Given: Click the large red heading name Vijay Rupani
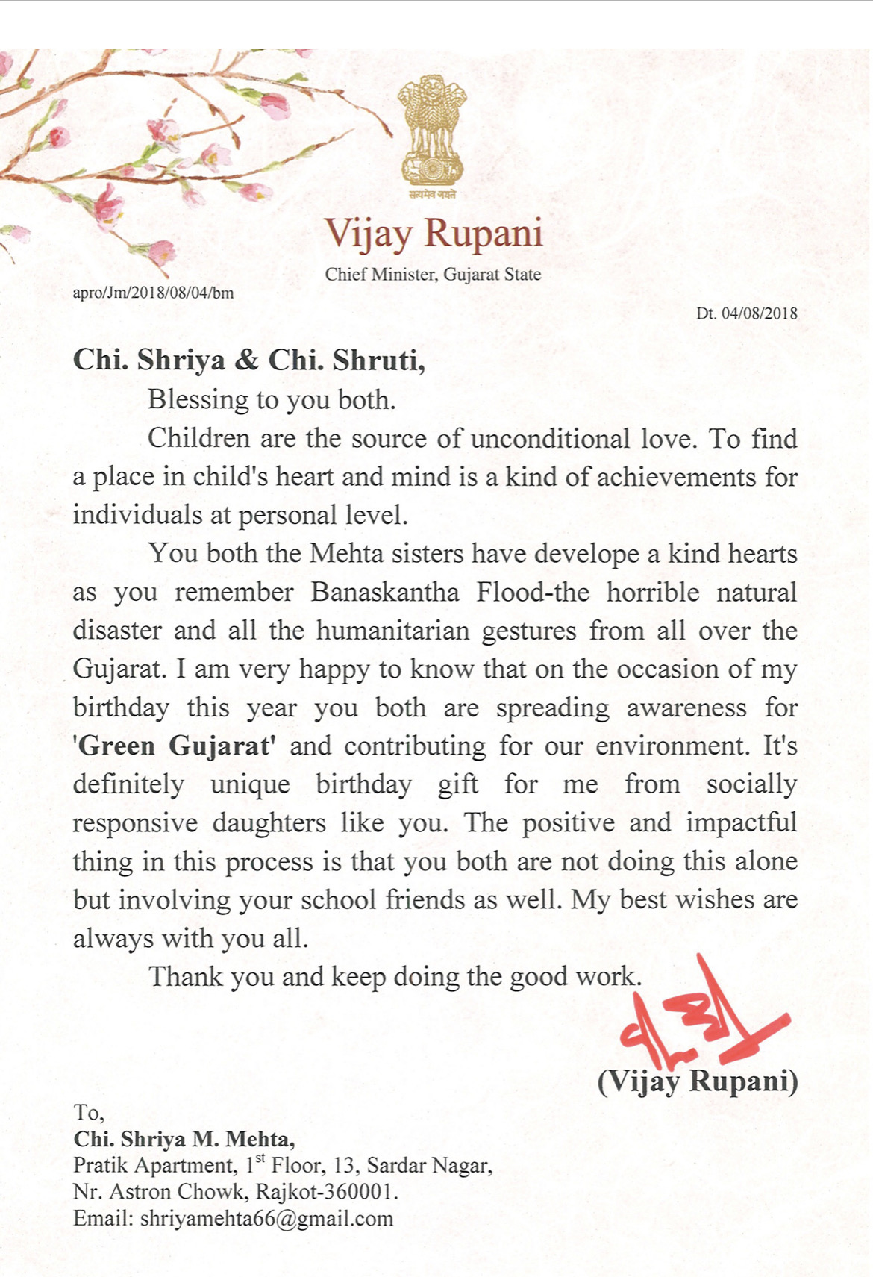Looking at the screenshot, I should pos(434,233).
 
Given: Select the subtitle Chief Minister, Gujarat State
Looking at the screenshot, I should pos(433,275).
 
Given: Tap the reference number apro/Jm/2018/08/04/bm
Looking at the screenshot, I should pos(153,293).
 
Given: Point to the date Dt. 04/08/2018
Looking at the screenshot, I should pos(746,313).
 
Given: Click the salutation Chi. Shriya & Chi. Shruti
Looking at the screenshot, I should pos(248,360).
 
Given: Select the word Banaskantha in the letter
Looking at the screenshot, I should pos(385,593).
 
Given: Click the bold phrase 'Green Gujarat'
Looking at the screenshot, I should pos(175,746).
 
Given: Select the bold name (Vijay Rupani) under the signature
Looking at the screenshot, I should pos(698,1081).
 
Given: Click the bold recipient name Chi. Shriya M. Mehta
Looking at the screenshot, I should pos(184,1140).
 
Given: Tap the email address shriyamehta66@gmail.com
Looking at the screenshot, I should pos(266,1219).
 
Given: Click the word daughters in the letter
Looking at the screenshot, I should pos(269,823).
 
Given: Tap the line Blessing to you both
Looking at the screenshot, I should pos(272,400).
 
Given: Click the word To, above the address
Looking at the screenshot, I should pos(89,1113).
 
